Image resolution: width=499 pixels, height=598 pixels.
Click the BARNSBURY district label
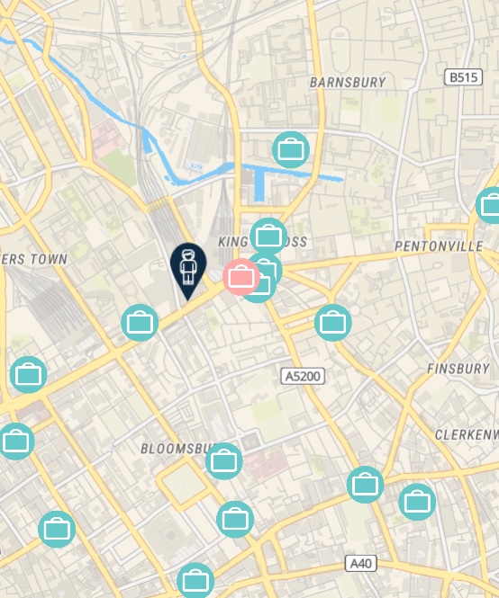tap(347, 82)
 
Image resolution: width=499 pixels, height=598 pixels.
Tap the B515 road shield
tap(463, 78)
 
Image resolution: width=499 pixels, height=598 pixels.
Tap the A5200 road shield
tap(302, 375)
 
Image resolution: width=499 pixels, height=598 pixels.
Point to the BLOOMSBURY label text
tap(175, 448)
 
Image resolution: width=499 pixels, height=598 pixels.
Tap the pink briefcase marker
tap(240, 276)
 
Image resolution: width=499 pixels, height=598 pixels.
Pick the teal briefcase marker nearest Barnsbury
tap(290, 148)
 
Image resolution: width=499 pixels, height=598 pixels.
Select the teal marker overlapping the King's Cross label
tap(268, 237)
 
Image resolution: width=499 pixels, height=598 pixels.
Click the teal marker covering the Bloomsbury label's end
tap(224, 461)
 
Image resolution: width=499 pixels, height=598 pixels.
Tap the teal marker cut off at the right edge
tap(490, 205)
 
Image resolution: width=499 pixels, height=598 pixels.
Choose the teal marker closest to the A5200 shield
tap(332, 321)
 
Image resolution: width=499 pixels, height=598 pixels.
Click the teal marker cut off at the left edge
tap(15, 441)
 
